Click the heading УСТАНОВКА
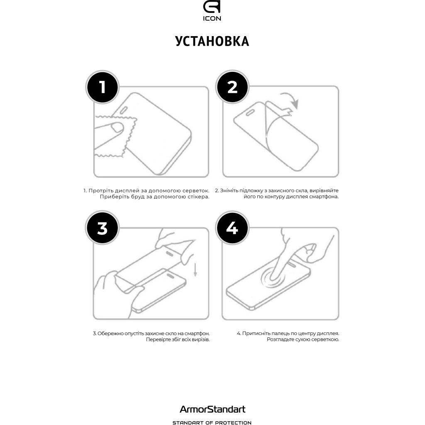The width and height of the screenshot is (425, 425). point(212,41)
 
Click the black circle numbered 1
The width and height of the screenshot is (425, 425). point(102,88)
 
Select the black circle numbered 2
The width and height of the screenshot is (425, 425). point(232,88)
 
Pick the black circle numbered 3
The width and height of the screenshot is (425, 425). point(102,229)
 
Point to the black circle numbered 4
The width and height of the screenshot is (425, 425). point(232,229)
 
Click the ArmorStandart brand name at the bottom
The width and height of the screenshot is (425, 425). point(212,409)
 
